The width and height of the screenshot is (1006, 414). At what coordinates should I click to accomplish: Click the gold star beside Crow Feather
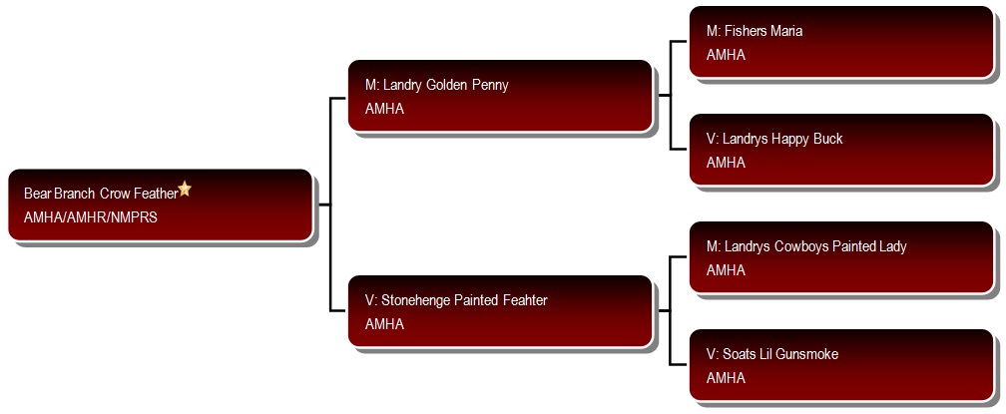click(184, 189)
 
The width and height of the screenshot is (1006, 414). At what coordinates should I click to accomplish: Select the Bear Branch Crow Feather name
click(101, 194)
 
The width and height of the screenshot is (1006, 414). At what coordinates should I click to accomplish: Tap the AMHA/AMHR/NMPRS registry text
click(91, 217)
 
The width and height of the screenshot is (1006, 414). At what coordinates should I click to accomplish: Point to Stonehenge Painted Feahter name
click(456, 300)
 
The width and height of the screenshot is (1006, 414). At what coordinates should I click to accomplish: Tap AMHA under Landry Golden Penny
click(384, 109)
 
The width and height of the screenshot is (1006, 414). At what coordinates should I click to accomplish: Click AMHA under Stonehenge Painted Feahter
click(384, 324)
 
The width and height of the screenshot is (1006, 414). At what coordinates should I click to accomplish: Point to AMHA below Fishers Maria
click(726, 55)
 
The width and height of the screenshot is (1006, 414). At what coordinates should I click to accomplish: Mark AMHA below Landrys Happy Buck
click(726, 163)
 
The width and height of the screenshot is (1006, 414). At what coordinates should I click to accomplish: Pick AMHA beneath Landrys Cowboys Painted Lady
click(726, 270)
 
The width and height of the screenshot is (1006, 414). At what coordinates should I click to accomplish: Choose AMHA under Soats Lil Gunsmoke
click(726, 378)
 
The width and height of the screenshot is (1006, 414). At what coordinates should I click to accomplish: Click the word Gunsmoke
click(808, 354)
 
